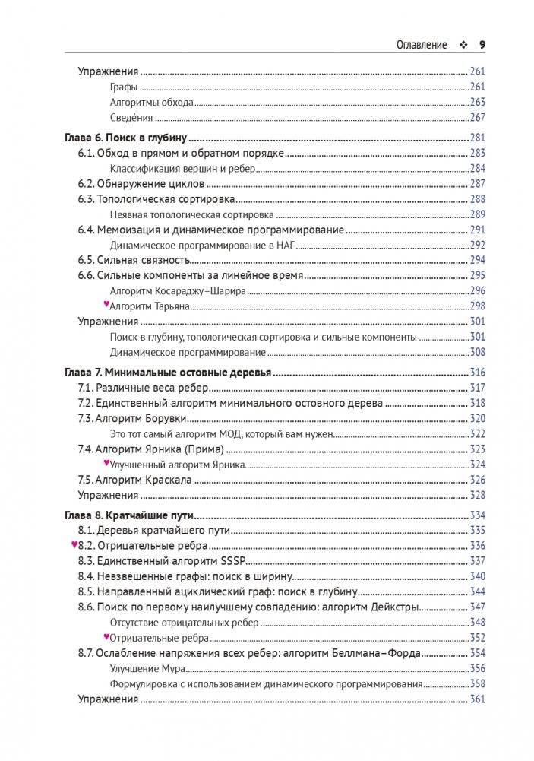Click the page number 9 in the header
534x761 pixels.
[482, 44]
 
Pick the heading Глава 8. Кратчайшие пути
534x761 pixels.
[122, 515]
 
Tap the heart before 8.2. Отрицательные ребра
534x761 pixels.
[74, 545]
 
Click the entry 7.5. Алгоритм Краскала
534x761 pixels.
[134, 480]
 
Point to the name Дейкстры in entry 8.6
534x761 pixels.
[393, 607]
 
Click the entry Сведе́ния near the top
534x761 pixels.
[131, 117]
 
